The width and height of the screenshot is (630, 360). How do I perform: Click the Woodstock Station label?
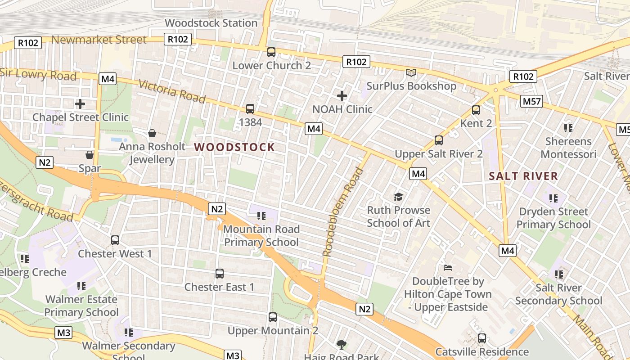(211, 23)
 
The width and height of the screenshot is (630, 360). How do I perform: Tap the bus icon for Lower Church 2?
(271, 52)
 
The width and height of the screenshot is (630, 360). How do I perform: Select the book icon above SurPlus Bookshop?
(411, 72)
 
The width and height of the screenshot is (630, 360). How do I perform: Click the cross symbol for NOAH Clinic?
(342, 96)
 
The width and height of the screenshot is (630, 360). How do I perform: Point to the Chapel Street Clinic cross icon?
(80, 104)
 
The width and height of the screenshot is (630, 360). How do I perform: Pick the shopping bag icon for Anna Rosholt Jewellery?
(152, 133)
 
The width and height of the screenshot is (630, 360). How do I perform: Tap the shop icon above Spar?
(90, 155)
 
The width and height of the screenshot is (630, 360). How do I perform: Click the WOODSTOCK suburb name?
(234, 147)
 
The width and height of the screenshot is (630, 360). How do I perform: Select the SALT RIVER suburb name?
(523, 176)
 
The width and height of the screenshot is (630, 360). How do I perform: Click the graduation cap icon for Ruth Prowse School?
(398, 197)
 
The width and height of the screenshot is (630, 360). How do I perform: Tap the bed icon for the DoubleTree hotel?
(448, 268)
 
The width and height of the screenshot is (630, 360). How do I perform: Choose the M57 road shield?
(531, 102)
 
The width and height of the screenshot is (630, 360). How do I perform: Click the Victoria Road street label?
(172, 91)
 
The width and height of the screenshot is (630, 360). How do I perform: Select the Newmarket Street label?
(99, 40)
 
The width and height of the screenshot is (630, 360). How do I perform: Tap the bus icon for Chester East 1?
(220, 274)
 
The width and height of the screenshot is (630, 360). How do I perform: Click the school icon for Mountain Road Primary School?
(261, 216)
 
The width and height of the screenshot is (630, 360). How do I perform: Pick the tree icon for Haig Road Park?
(342, 345)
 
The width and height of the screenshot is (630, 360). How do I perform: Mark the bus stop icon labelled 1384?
(250, 109)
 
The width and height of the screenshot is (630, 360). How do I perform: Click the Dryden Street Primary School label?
(553, 218)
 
